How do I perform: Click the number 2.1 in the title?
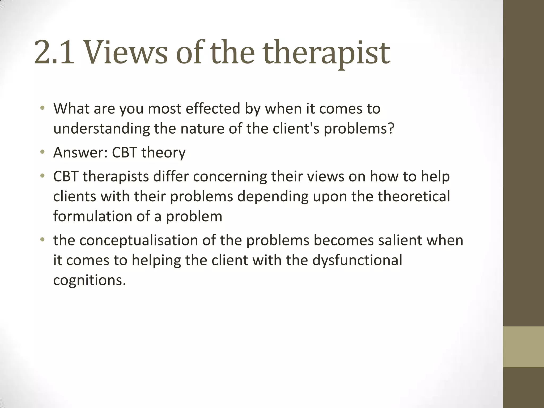(54, 52)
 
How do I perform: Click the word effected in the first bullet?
(213, 109)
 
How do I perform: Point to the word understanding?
(101, 129)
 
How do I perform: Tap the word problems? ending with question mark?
(359, 129)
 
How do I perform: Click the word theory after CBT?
(163, 152)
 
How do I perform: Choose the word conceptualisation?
(139, 240)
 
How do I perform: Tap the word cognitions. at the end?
(90, 280)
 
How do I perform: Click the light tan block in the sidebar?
(523, 347)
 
